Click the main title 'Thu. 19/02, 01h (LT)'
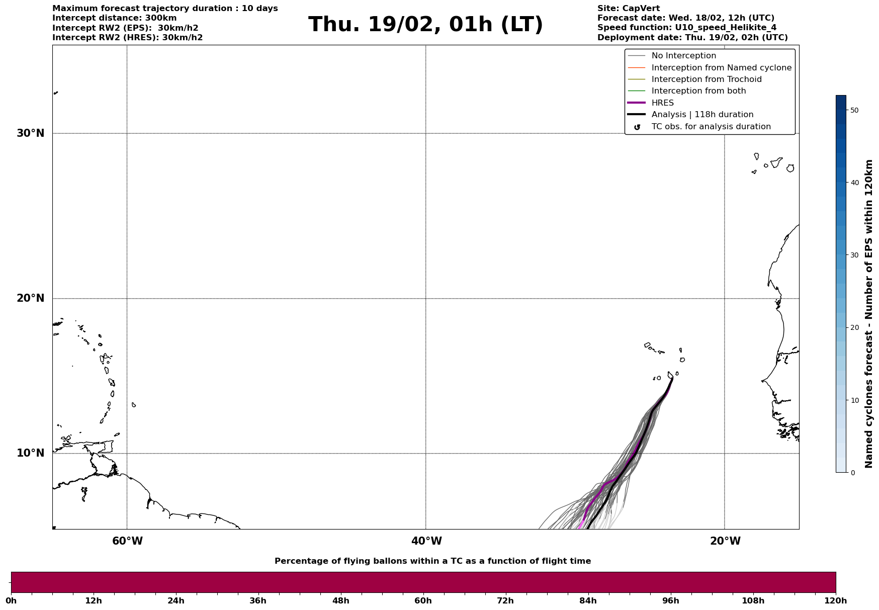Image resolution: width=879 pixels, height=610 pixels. click(x=425, y=25)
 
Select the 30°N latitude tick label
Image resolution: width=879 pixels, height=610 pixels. click(x=31, y=133)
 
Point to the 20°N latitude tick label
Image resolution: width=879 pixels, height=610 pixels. click(x=31, y=298)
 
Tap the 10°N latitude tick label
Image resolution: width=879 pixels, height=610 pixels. click(x=31, y=453)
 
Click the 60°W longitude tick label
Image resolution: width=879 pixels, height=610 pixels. click(x=127, y=541)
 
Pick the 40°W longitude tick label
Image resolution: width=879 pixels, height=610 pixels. click(x=426, y=541)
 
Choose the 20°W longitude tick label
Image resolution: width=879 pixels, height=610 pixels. click(x=725, y=541)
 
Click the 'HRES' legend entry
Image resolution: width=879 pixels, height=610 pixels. click(x=662, y=103)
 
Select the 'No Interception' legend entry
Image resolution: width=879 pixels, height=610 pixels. click(x=683, y=56)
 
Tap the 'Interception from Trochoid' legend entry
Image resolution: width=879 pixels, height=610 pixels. click(x=706, y=79)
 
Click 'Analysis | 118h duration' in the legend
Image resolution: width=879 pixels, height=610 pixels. click(x=702, y=115)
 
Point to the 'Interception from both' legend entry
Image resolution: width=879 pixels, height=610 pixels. click(x=698, y=91)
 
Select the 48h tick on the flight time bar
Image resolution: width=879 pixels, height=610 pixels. click(x=340, y=601)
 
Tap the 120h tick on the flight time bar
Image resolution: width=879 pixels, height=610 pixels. click(x=836, y=601)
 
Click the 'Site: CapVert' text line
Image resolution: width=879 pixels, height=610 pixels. click(x=628, y=9)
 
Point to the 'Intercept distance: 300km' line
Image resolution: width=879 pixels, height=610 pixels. click(x=114, y=18)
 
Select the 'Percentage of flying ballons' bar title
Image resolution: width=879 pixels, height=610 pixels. click(x=432, y=561)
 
